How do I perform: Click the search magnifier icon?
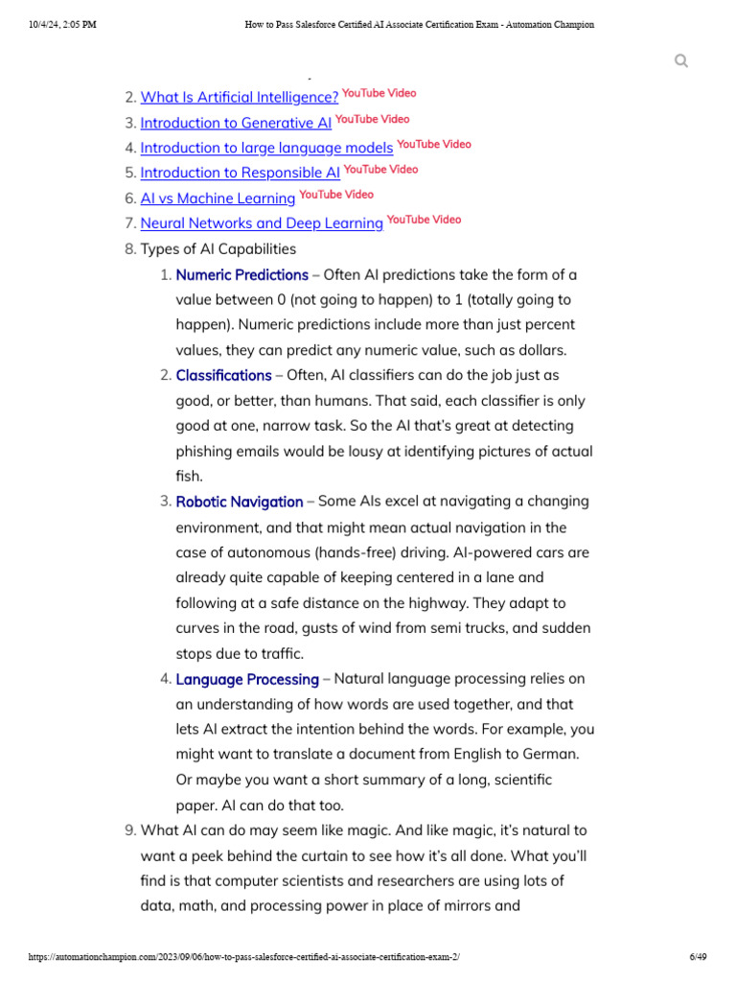(681, 61)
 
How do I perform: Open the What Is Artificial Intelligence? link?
(239, 97)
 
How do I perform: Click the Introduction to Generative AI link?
(236, 123)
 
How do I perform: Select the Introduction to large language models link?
(266, 148)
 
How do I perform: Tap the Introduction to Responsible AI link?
(240, 173)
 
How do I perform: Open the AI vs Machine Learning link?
(218, 198)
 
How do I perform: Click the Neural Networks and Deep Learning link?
(262, 223)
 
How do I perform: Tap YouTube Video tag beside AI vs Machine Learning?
(336, 195)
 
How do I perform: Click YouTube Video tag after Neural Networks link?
(424, 220)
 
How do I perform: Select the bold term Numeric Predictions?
(241, 274)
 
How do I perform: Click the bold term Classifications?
(223, 375)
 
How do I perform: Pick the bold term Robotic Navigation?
(239, 502)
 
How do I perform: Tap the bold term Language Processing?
(247, 679)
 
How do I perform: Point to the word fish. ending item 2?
(190, 477)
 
